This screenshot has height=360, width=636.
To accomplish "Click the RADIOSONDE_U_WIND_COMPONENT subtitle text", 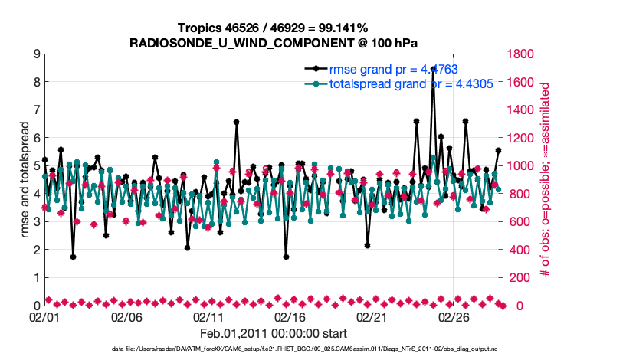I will [x=274, y=41].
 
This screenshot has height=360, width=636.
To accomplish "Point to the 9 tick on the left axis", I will [x=36, y=54].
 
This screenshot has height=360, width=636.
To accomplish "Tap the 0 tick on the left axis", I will [x=36, y=306].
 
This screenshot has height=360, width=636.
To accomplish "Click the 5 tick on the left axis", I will [x=36, y=166].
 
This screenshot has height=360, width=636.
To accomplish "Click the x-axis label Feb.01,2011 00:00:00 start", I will [x=274, y=333].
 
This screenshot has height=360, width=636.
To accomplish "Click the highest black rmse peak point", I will [x=433, y=69].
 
